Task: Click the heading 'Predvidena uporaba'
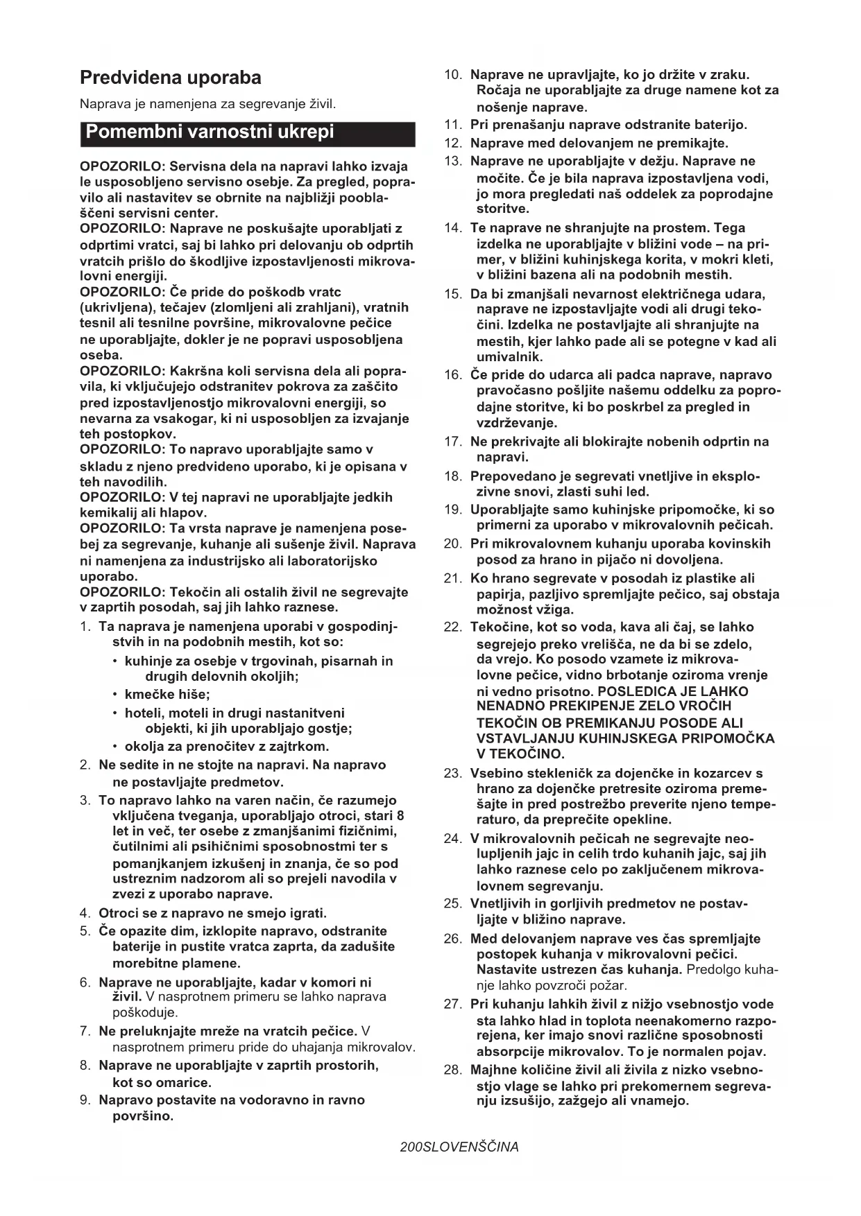[x=171, y=78]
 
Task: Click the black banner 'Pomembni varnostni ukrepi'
[x=210, y=132]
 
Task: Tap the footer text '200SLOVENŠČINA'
[x=459, y=1147]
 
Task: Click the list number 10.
[x=452, y=75]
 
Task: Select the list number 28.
[x=452, y=1070]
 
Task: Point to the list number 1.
[x=85, y=627]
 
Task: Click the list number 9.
[x=85, y=1100]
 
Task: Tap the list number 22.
[x=452, y=627]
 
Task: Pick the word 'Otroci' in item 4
[x=119, y=913]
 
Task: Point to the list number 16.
[x=452, y=375]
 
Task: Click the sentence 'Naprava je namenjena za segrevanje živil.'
[x=207, y=105]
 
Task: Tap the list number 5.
[x=85, y=931]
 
